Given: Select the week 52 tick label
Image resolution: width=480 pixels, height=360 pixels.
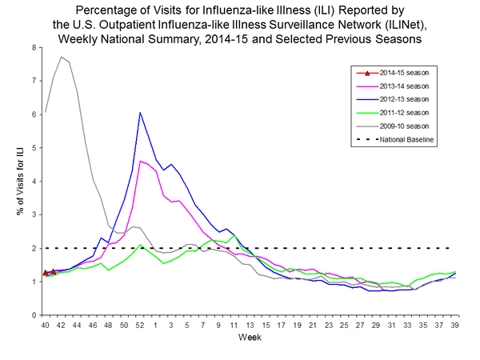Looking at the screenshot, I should pyautogui.click(x=140, y=324).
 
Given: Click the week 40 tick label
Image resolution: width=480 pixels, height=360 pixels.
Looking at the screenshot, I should pyautogui.click(x=46, y=324).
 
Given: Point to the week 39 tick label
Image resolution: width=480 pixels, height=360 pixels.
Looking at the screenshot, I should pyautogui.click(x=455, y=324).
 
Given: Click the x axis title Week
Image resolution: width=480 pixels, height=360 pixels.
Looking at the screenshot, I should pyautogui.click(x=250, y=338).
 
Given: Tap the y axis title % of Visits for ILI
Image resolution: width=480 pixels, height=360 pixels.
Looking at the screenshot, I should pyautogui.click(x=14, y=182).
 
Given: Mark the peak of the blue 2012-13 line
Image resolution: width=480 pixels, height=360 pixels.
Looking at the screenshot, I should pyautogui.click(x=140, y=113).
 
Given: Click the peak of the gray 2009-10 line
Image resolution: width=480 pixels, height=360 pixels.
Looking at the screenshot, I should pyautogui.click(x=62, y=57).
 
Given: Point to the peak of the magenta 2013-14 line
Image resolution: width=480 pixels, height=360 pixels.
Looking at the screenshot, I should pyautogui.click(x=140, y=161).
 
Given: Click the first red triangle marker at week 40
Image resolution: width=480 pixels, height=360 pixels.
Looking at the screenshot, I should pyautogui.click(x=46, y=273).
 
